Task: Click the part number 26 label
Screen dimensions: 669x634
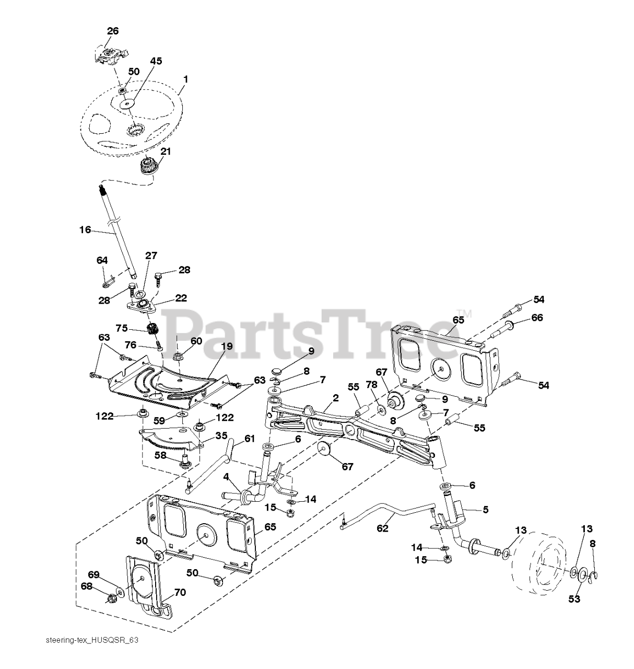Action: click(x=112, y=31)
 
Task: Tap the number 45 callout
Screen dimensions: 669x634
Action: click(x=156, y=61)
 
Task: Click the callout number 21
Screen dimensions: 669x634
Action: click(x=166, y=152)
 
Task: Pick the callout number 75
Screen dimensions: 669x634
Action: click(x=121, y=328)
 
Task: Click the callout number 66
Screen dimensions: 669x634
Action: click(x=537, y=318)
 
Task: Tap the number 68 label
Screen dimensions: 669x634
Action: click(x=87, y=586)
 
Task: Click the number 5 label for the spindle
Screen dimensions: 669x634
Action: click(x=485, y=509)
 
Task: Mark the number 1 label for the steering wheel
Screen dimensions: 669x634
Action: click(x=185, y=79)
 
